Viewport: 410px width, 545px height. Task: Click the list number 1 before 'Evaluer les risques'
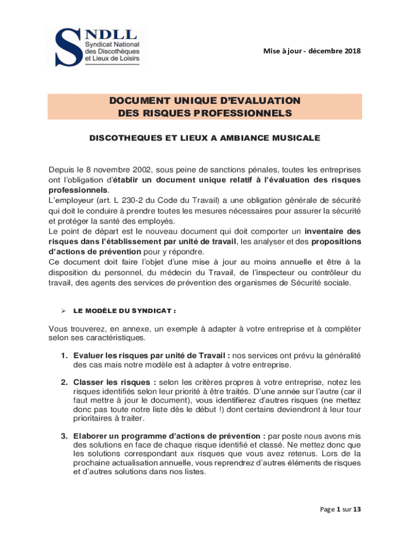click(x=63, y=356)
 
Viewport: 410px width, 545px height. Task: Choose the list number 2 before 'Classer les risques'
click(x=63, y=382)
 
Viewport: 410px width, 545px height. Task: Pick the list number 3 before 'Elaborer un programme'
click(x=63, y=436)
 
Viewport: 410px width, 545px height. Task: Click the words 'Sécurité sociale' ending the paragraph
click(x=323, y=283)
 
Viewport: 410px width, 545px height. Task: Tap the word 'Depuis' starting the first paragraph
click(x=61, y=170)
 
